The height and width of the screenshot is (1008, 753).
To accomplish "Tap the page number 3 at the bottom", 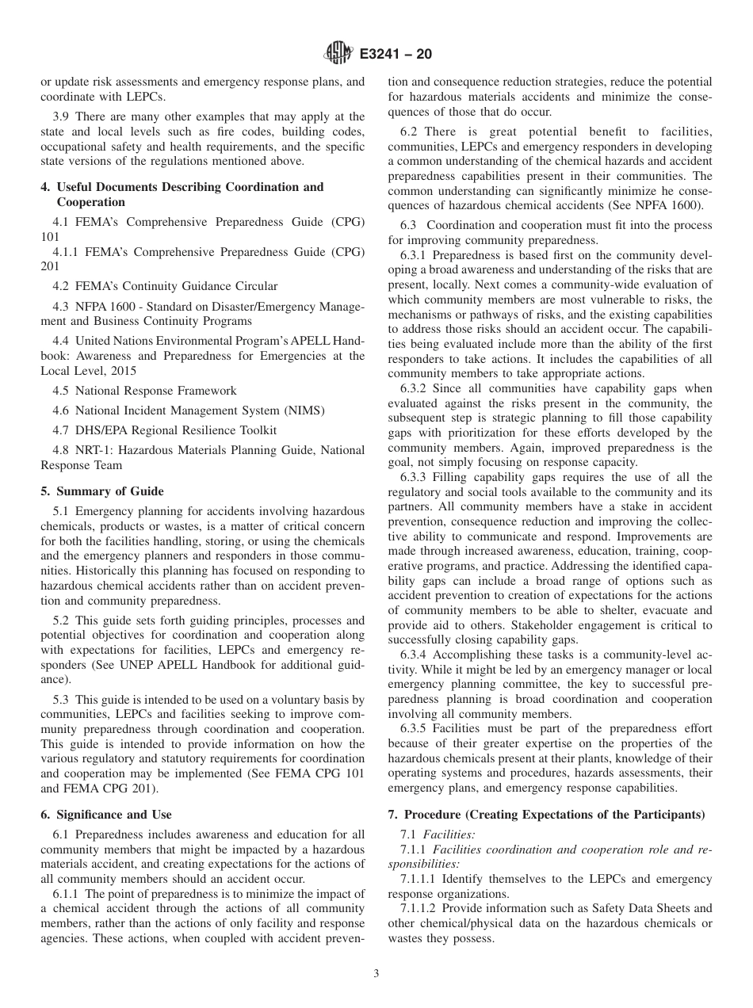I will pyautogui.click(x=376, y=974).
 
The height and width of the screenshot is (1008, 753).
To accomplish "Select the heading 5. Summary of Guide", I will pyautogui.click(x=102, y=491).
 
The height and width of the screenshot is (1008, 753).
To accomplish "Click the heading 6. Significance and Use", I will pyautogui.click(x=106, y=814).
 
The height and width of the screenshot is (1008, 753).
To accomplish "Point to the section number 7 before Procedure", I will pyautogui.click(x=392, y=815).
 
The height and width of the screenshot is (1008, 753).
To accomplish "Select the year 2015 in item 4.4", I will pyautogui.click(x=123, y=370).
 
